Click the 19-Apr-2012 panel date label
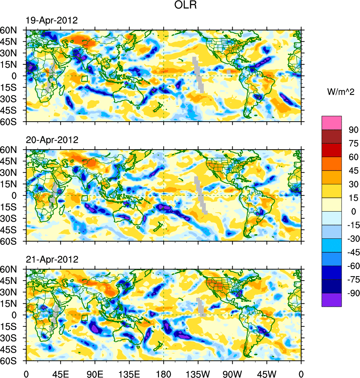point(52,21)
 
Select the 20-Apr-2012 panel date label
point(52,140)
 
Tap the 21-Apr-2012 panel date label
point(52,259)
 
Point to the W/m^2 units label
point(338,91)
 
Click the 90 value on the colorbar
point(353,130)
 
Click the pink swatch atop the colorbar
point(332,122)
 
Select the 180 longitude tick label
point(163,374)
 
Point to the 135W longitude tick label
point(198,374)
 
